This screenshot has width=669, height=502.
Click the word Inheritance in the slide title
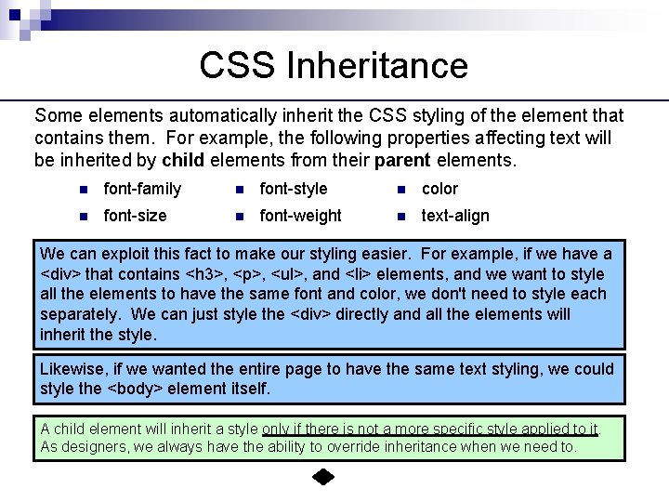click(376, 65)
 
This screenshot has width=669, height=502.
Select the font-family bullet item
click(142, 189)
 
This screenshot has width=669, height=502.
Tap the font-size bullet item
click(135, 216)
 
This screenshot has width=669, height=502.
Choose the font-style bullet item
click(294, 189)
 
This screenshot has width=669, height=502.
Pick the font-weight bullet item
click(300, 216)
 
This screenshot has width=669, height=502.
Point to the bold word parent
click(402, 160)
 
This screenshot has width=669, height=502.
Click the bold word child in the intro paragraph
click(182, 160)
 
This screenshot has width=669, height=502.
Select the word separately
click(80, 314)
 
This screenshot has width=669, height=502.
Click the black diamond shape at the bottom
click(322, 479)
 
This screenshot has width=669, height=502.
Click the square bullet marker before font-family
click(84, 190)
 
